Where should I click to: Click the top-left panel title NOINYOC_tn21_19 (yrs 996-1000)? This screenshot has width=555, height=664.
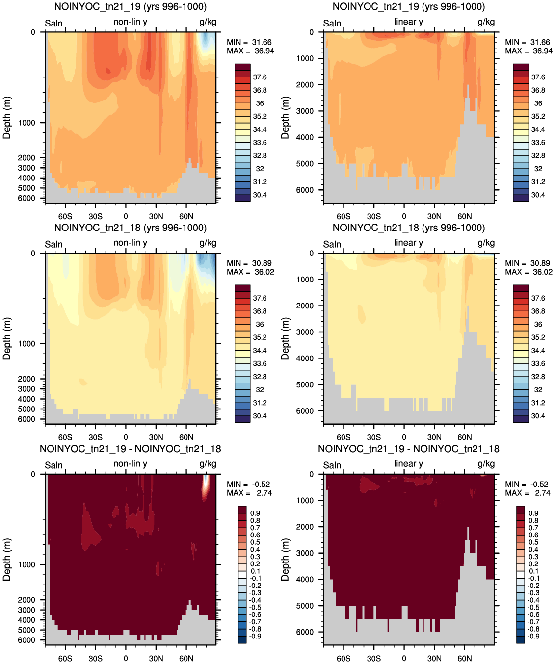(130, 6)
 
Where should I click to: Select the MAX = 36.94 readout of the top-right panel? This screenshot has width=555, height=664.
(529, 51)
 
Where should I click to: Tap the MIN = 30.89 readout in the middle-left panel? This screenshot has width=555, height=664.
(249, 263)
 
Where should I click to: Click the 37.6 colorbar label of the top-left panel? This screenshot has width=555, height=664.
(260, 77)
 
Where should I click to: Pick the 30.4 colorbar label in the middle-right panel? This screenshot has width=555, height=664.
(538, 416)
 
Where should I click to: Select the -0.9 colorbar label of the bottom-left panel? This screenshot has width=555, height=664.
(256, 636)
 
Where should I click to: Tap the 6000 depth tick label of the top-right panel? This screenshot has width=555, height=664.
(305, 190)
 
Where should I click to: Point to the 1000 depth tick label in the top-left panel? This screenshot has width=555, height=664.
(26, 123)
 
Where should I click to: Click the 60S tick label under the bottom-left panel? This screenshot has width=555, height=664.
(65, 658)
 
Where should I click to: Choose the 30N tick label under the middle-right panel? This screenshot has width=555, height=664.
(434, 437)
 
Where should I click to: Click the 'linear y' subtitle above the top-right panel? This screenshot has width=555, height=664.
(409, 22)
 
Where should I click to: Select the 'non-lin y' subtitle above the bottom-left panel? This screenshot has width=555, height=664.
(130, 464)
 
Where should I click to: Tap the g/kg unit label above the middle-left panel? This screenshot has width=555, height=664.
(208, 243)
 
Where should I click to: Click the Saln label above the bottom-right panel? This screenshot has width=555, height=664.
(332, 465)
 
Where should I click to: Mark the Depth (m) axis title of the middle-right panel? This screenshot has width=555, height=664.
(285, 338)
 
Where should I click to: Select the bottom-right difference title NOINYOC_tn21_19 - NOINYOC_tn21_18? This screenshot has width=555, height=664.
(409, 449)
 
